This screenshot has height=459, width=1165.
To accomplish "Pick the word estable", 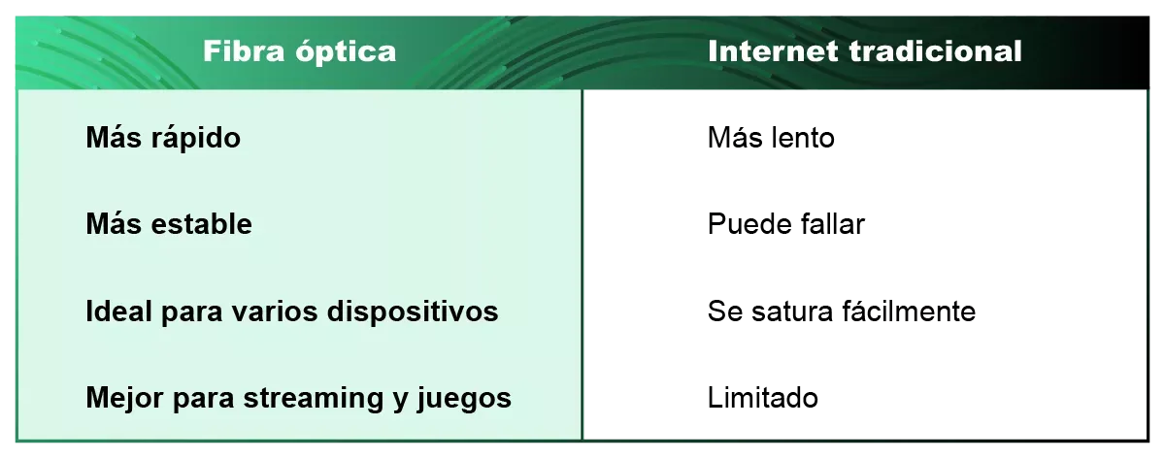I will pyautogui.click(x=202, y=225).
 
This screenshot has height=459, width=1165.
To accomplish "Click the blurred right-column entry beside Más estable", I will pyautogui.click(x=786, y=226).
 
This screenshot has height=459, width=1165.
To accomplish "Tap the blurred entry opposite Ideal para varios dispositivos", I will pyautogui.click(x=841, y=312).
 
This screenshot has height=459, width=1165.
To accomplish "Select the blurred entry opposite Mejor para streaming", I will pyautogui.click(x=765, y=397).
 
